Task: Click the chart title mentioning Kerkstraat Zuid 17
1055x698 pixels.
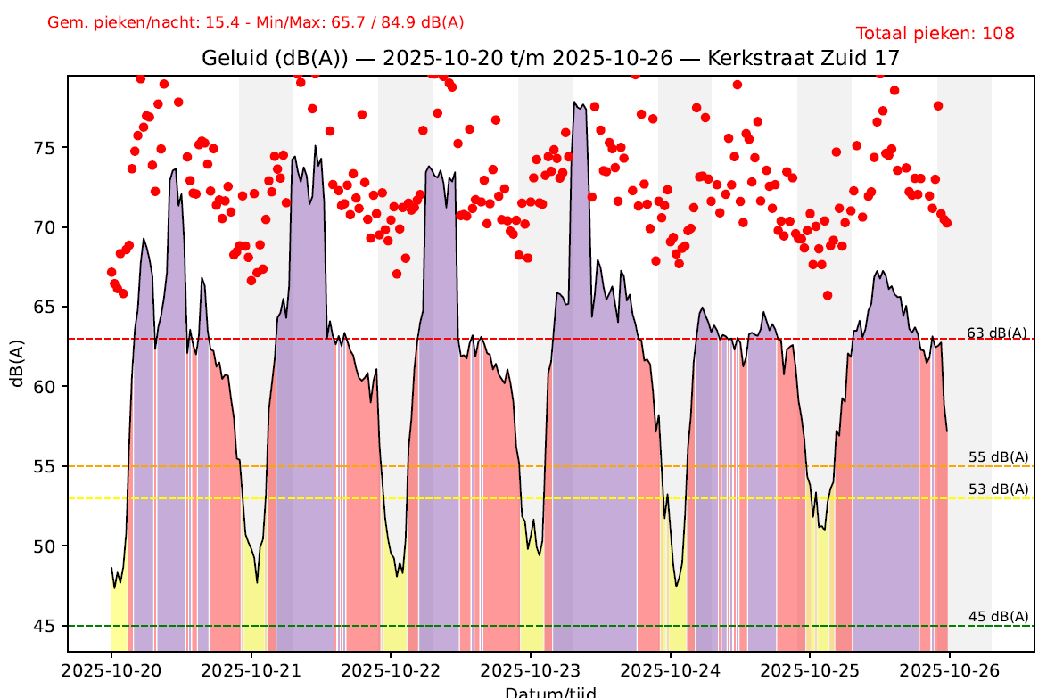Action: coord(551,59)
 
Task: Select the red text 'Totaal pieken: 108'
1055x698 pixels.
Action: coord(935,34)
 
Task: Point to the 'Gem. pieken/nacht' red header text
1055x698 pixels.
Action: coord(255,22)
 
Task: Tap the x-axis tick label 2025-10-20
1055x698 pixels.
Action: coord(111,669)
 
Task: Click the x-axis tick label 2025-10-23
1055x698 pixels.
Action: coord(531,669)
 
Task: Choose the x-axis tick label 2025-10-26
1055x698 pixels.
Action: coord(950,669)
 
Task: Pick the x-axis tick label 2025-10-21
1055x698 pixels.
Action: coord(251,669)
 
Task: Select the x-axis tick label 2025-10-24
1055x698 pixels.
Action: coord(671,669)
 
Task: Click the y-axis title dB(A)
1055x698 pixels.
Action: coord(16,362)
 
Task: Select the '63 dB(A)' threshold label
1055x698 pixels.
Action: coord(998,333)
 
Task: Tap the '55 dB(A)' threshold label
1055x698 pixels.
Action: coord(998,457)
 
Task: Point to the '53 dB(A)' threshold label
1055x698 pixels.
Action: coord(998,489)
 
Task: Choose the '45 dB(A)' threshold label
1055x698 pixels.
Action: coord(998,617)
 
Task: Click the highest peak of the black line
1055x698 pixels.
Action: coord(575,103)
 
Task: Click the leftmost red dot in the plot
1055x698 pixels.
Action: coord(111,272)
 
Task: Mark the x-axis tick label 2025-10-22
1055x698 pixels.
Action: coord(391,669)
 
